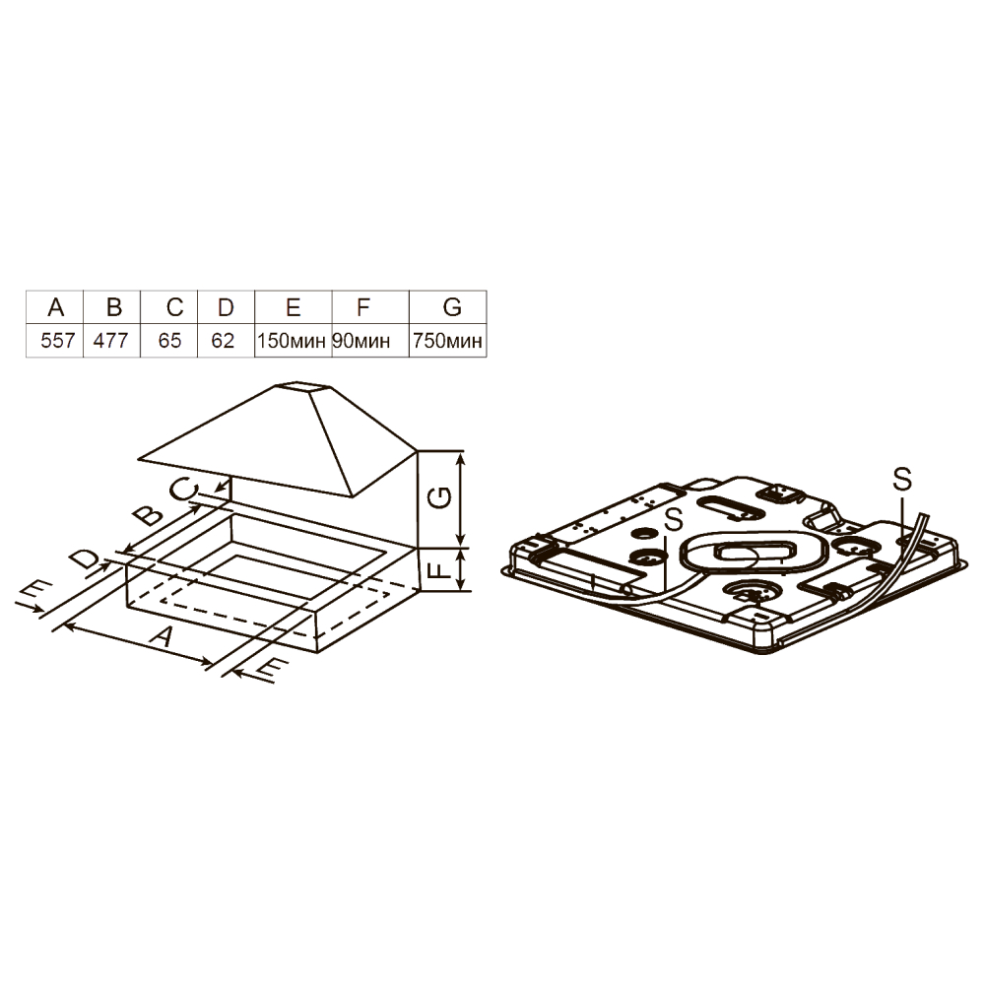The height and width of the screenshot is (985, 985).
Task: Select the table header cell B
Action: [113, 307]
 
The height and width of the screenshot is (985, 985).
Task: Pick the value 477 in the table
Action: [110, 341]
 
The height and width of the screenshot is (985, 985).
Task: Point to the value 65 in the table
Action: [169, 341]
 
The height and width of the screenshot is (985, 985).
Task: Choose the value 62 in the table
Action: [223, 341]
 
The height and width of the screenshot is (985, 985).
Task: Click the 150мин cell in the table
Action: [292, 341]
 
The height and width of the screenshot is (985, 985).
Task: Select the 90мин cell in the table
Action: [361, 341]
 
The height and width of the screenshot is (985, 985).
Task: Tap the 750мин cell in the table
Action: [447, 341]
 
